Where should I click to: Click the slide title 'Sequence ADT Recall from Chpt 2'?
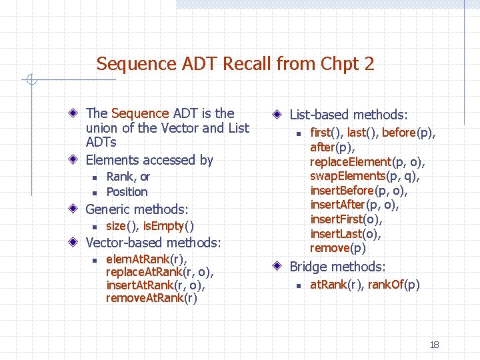click(x=235, y=64)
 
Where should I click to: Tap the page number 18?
click(x=434, y=345)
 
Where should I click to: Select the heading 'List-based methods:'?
click(x=349, y=115)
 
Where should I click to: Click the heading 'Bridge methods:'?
click(x=337, y=267)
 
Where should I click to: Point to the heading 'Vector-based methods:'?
click(x=153, y=243)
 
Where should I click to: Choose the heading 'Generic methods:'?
click(x=137, y=209)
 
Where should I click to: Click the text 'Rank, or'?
click(x=128, y=177)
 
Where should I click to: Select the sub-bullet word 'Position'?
click(x=127, y=192)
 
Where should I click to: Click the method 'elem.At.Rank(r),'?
click(x=146, y=259)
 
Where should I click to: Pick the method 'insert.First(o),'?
click(x=347, y=219)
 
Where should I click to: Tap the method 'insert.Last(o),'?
click(x=346, y=234)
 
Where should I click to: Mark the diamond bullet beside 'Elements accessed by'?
click(x=77, y=160)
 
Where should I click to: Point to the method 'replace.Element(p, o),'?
click(x=367, y=162)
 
